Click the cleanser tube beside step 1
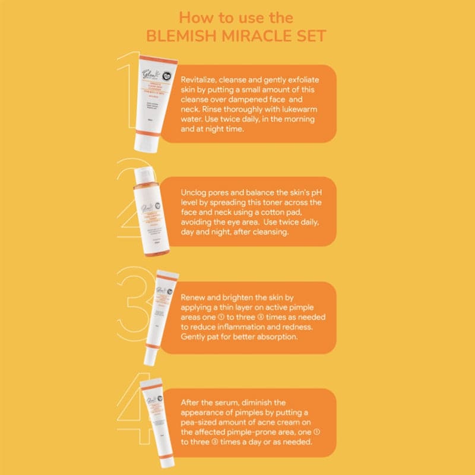pos(150,101)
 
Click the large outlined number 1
pos(128,89)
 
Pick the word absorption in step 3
pos(286,336)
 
